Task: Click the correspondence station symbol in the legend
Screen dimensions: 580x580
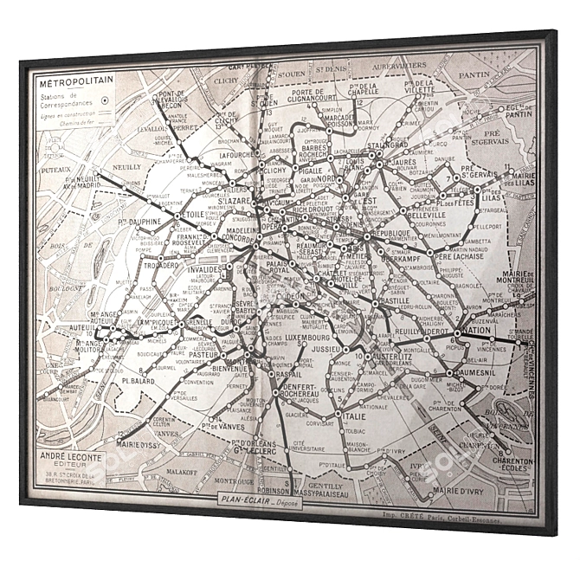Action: click(103, 100)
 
